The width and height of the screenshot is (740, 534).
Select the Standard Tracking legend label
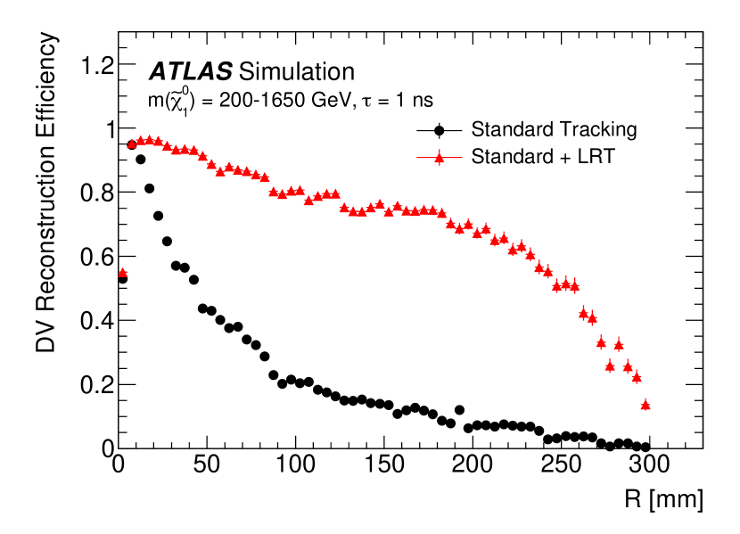pyautogui.click(x=554, y=129)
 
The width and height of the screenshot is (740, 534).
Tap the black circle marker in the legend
pyautogui.click(x=439, y=130)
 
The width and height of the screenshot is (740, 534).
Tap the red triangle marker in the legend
pyautogui.click(x=439, y=155)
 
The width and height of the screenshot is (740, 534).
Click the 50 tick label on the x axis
pyautogui.click(x=207, y=466)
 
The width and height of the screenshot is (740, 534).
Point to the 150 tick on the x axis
pyautogui.click(x=384, y=466)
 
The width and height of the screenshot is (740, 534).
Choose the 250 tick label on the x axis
pyautogui.click(x=562, y=466)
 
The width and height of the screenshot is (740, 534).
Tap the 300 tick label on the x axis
pyautogui.click(x=650, y=466)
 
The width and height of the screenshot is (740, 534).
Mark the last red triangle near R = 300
pyautogui.click(x=645, y=405)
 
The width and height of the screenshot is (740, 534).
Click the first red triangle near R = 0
pyautogui.click(x=122, y=273)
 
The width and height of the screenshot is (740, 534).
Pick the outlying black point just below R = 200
pyautogui.click(x=459, y=410)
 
